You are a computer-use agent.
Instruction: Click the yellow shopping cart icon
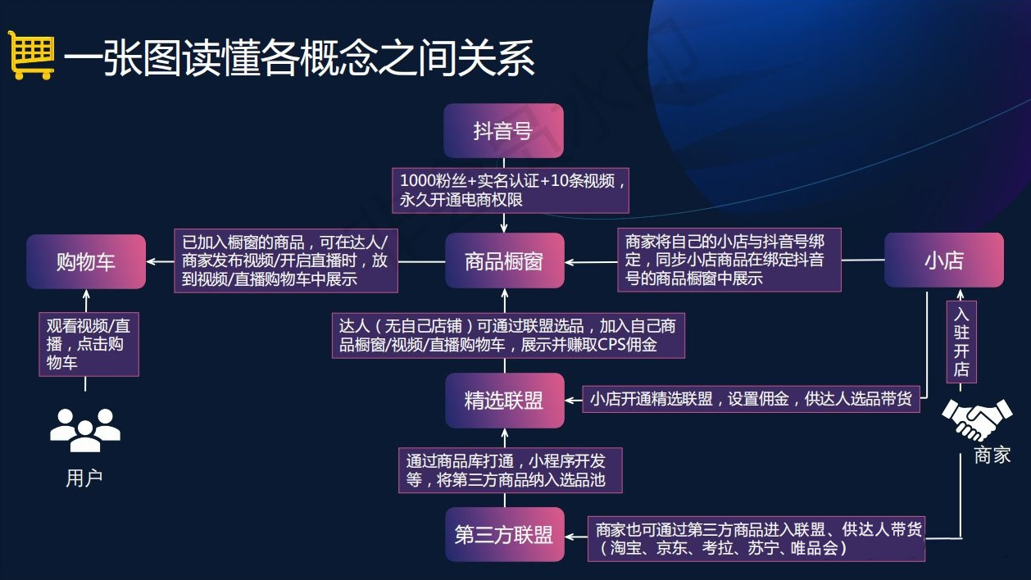[x=31, y=55]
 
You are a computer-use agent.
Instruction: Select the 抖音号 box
[x=503, y=130]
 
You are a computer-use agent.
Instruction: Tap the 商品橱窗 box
[x=505, y=261]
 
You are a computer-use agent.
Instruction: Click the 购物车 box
[x=86, y=261]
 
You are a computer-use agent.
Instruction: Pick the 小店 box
[x=944, y=261]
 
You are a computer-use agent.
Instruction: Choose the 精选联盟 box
[x=505, y=400]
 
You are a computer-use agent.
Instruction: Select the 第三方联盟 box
[x=505, y=534]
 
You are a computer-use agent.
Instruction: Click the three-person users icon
[x=85, y=430]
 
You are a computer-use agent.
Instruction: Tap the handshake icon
[x=977, y=419]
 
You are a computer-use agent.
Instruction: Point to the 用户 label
[x=84, y=478]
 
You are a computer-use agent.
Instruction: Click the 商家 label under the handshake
[x=992, y=455]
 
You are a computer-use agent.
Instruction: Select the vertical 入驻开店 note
[x=961, y=342]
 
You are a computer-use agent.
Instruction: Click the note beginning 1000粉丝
[x=511, y=190]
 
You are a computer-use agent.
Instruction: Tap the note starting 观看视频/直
[x=89, y=345]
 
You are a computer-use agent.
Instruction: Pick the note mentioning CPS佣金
[x=508, y=335]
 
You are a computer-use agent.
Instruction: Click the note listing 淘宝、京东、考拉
[x=756, y=539]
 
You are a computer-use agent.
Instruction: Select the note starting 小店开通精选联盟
[x=751, y=399]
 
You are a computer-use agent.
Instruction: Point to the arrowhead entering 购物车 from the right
[x=152, y=261]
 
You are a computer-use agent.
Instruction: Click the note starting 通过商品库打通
[x=511, y=470]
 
